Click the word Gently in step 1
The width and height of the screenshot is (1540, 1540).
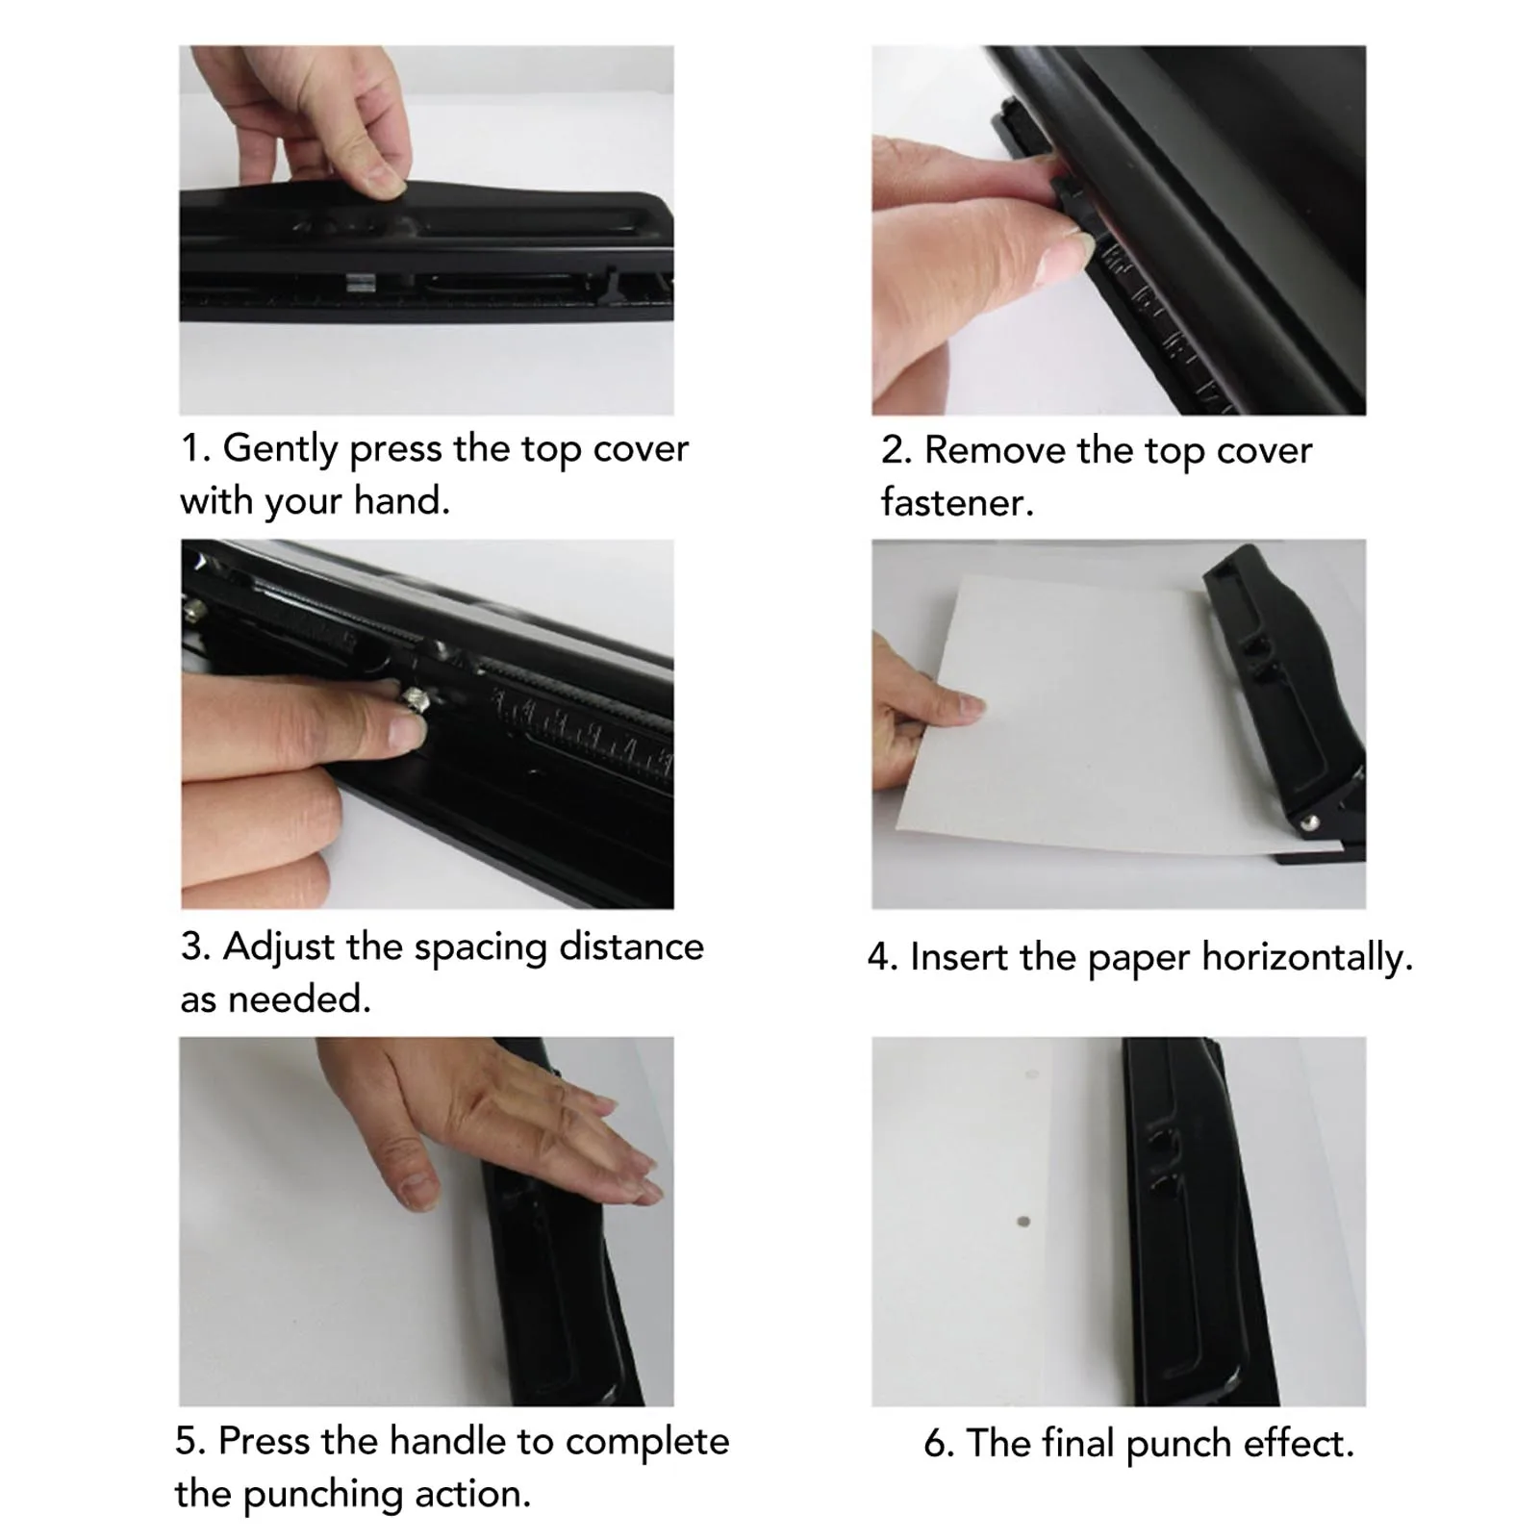pos(280,449)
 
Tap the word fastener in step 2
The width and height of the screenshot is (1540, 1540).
pos(956,503)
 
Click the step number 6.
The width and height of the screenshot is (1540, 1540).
pos(938,1444)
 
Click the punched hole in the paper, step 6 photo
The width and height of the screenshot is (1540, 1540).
pos(1023,1223)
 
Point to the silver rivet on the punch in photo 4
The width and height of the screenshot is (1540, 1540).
pos(1309,822)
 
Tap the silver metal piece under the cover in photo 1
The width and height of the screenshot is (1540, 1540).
pos(360,282)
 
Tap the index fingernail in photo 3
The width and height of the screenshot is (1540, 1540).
pos(404,735)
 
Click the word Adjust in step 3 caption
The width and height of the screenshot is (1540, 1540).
pos(279,947)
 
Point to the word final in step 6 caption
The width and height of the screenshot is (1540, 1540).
pos(1063,1444)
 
